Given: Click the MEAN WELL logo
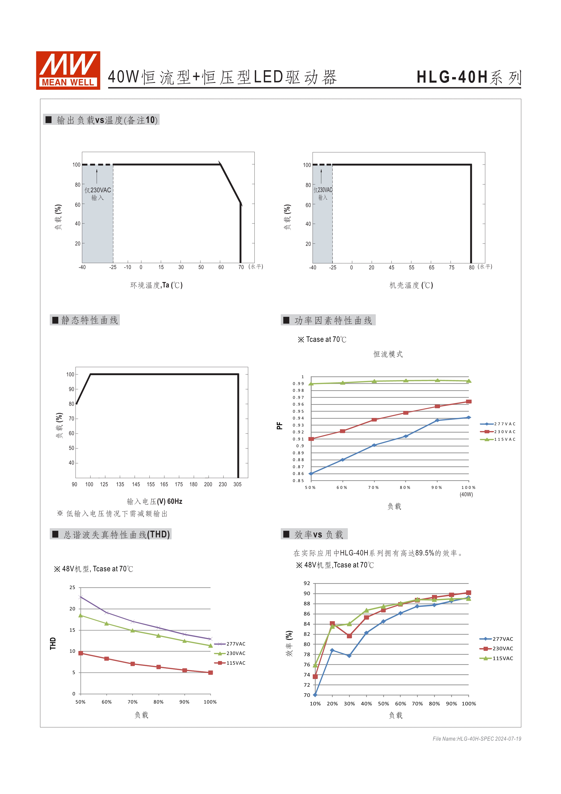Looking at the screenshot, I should (x=68, y=71).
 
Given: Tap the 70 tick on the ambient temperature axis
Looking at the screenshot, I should (x=241, y=267).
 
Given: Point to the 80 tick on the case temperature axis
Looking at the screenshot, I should (x=471, y=267).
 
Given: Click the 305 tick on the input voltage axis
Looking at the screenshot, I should (x=237, y=484).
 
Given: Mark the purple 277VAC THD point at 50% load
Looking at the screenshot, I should (x=81, y=597).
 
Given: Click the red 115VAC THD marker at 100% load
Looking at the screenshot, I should (x=210, y=673).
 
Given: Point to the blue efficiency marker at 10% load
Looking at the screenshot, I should (x=315, y=695).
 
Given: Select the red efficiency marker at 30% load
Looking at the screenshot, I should (x=349, y=636).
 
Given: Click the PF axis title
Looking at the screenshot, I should (x=279, y=426).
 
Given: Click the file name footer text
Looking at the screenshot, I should (x=477, y=739).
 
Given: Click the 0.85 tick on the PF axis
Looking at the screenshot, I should (x=298, y=481).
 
